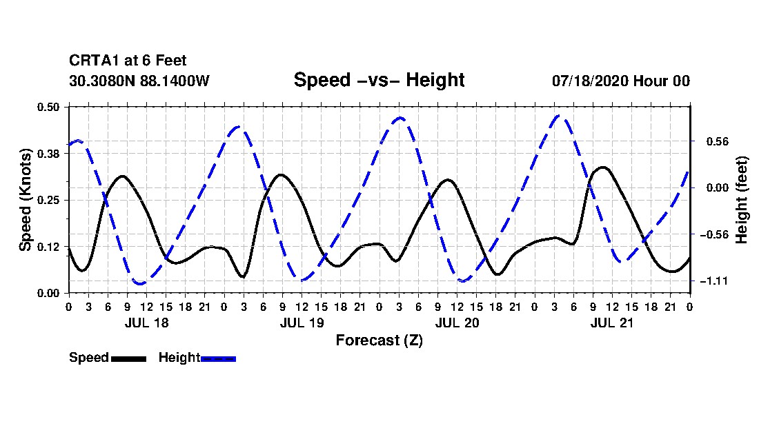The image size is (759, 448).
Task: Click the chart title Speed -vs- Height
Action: pyautogui.click(x=379, y=80)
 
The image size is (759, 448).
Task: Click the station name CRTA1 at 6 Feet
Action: pyautogui.click(x=128, y=61)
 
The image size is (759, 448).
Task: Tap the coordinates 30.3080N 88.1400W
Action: pyautogui.click(x=139, y=81)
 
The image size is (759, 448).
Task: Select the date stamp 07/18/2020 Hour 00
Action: pyautogui.click(x=621, y=81)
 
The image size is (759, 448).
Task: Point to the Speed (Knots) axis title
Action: pyautogui.click(x=25, y=200)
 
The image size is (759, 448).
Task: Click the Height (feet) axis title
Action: pyautogui.click(x=742, y=200)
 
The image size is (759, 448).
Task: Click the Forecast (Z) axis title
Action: pyautogui.click(x=379, y=340)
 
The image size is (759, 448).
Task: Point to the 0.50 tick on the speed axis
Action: pyautogui.click(x=48, y=107)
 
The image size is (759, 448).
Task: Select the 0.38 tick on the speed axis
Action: pyautogui.click(x=48, y=154)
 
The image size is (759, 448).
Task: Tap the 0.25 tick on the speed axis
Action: pyautogui.click(x=48, y=200)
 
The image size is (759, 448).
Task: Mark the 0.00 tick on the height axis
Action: pyautogui.click(x=718, y=188)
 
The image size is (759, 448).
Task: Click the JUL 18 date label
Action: pyautogui.click(x=147, y=323)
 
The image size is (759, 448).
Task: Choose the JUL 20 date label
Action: pyautogui.click(x=457, y=323)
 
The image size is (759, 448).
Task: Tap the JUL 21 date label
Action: pyautogui.click(x=612, y=323)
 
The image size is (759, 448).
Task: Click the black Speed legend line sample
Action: pyautogui.click(x=128, y=359)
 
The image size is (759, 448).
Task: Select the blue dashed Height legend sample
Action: pyautogui.click(x=218, y=359)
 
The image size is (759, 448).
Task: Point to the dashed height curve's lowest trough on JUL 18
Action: pyautogui.click(x=140, y=283)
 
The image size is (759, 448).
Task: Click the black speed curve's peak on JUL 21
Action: pyautogui.click(x=602, y=167)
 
